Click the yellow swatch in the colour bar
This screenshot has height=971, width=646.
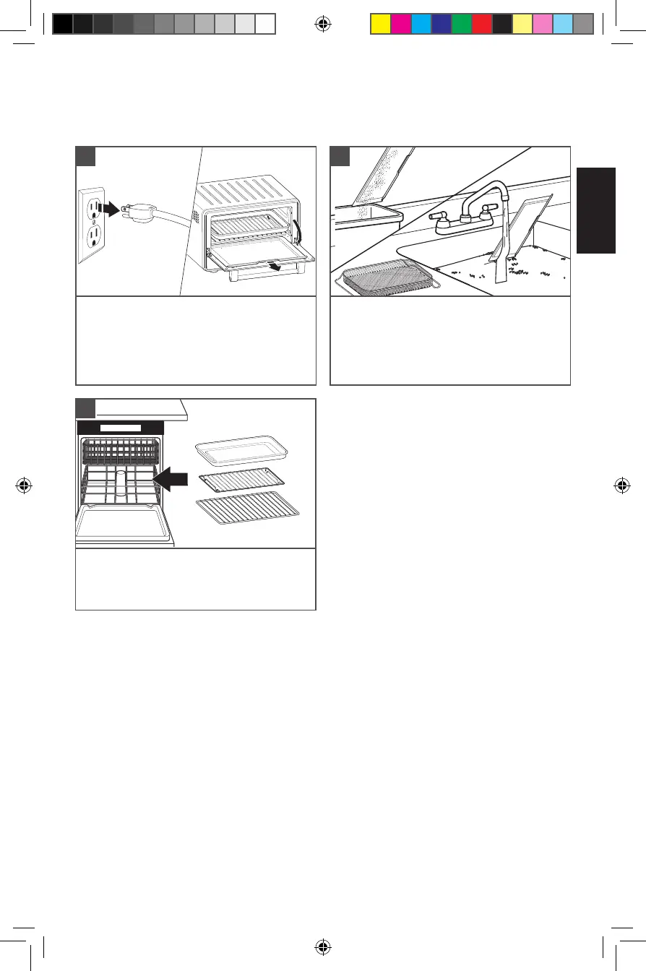pos(380,24)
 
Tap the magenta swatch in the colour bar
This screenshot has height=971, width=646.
pos(400,24)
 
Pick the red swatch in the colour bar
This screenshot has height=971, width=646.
pos(481,24)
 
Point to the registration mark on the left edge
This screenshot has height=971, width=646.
pos(25,485)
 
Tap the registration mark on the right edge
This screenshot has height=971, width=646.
pos(621,485)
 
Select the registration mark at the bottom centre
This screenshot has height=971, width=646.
pos(324,946)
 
